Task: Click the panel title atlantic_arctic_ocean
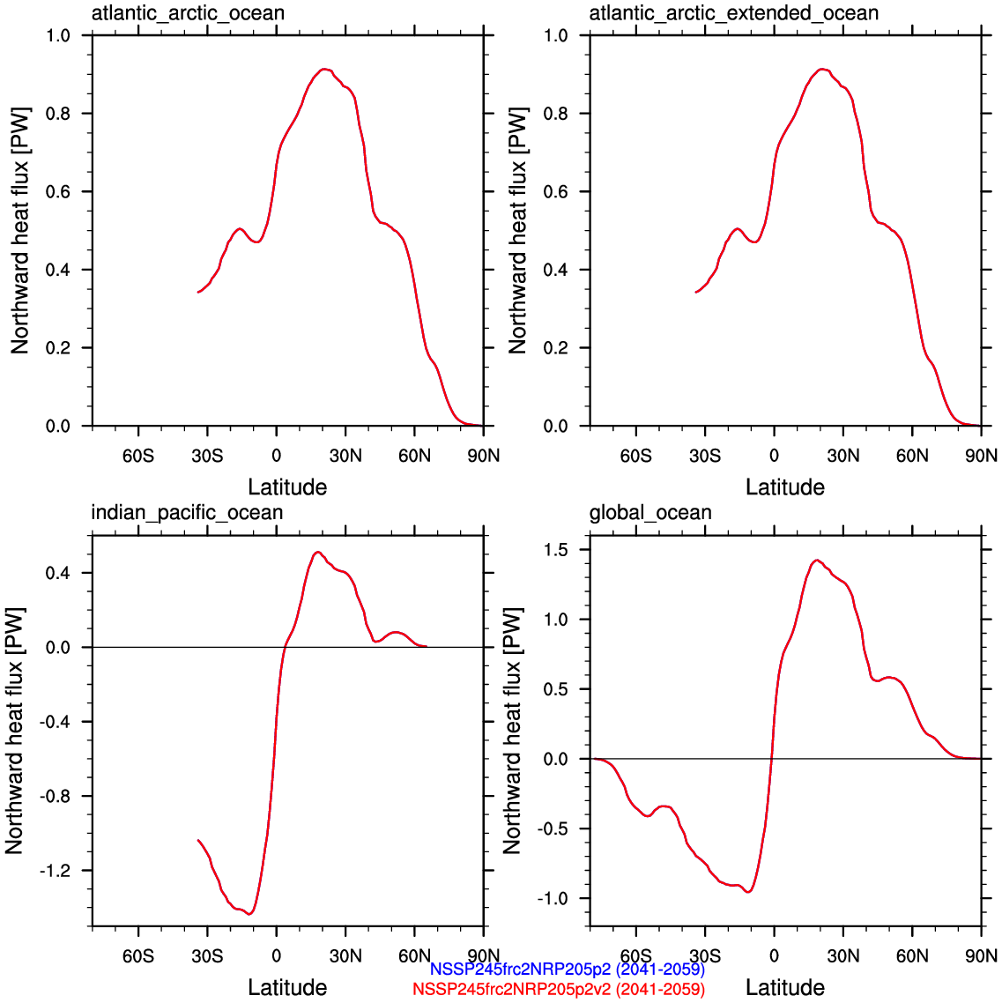[x=188, y=13]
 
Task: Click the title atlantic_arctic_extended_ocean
[x=733, y=13]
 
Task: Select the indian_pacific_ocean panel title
[x=187, y=513]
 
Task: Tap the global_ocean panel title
[x=650, y=513]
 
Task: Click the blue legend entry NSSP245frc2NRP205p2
[x=567, y=970]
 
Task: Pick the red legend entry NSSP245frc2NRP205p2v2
[x=558, y=989]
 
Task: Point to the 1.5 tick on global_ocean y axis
[x=556, y=550]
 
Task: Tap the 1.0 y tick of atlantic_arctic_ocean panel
[x=58, y=35]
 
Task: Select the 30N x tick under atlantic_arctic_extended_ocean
[x=842, y=456]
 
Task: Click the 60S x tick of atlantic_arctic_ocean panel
[x=137, y=456]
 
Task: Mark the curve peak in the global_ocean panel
[x=817, y=560]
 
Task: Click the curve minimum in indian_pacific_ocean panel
[x=250, y=914]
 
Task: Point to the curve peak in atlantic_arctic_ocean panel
[x=325, y=69]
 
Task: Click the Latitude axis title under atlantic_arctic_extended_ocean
[x=784, y=487]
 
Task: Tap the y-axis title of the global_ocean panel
[x=512, y=731]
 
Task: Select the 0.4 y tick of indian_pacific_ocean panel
[x=58, y=573]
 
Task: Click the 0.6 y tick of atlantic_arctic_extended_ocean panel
[x=556, y=191]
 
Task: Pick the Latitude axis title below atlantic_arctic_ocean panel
[x=287, y=487]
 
